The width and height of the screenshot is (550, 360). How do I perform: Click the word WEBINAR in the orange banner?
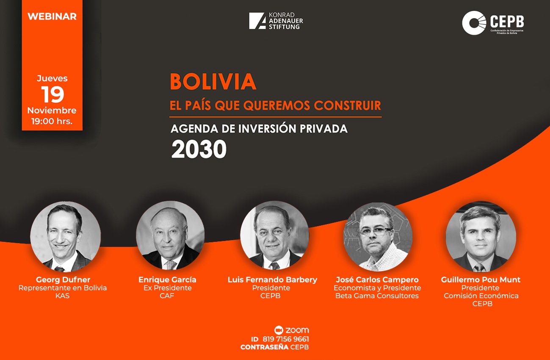click(x=52, y=17)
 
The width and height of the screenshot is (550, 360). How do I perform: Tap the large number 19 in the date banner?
click(x=53, y=94)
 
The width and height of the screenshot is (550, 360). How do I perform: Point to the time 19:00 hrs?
click(x=52, y=121)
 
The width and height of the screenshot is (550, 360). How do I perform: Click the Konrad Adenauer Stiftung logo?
click(x=276, y=21)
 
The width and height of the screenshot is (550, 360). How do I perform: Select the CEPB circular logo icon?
click(x=474, y=23)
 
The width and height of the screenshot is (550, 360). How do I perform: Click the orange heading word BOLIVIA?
click(x=213, y=81)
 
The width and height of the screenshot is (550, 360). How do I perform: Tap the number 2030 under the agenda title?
click(x=199, y=149)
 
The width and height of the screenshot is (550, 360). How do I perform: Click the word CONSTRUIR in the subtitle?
click(x=348, y=105)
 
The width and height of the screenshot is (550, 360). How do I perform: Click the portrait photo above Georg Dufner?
click(x=65, y=236)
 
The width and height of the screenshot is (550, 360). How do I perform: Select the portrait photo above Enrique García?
click(x=170, y=235)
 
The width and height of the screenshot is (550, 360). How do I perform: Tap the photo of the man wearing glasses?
click(x=378, y=237)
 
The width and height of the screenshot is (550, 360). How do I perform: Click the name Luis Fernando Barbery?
click(x=272, y=280)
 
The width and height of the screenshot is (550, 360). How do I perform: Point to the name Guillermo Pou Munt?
click(x=481, y=280)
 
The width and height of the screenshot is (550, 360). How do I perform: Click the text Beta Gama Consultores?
click(x=377, y=296)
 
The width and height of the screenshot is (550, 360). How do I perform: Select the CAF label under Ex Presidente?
click(x=167, y=296)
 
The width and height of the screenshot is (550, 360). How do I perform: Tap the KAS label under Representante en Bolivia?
click(x=62, y=296)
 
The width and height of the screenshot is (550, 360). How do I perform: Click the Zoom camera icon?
click(x=279, y=330)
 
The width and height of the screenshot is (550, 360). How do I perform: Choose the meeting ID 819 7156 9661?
click(x=286, y=339)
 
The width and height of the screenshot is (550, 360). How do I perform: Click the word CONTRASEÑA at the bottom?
click(x=265, y=347)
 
